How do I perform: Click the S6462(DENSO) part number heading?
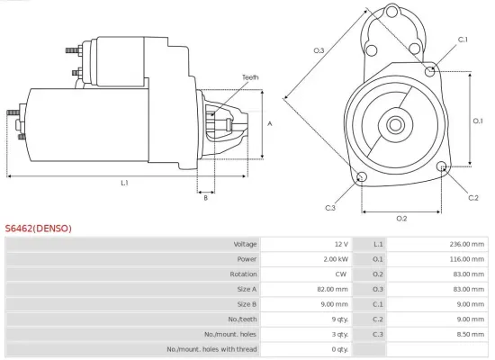coord(38,229)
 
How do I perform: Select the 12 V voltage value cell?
coord(340,244)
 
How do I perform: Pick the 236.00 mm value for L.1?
coord(462,244)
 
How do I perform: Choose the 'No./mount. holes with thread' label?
coord(212,348)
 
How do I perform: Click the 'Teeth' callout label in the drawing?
coord(249,77)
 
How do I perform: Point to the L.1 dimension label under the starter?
coord(124,183)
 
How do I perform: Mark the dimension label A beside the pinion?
coord(269,123)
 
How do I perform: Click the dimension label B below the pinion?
coord(205,198)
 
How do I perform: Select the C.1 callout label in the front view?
coord(463,40)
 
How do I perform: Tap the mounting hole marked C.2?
coord(442,167)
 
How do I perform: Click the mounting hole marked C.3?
coord(361,176)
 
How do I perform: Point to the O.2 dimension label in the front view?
coord(401,219)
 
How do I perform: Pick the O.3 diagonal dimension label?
coord(319,50)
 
